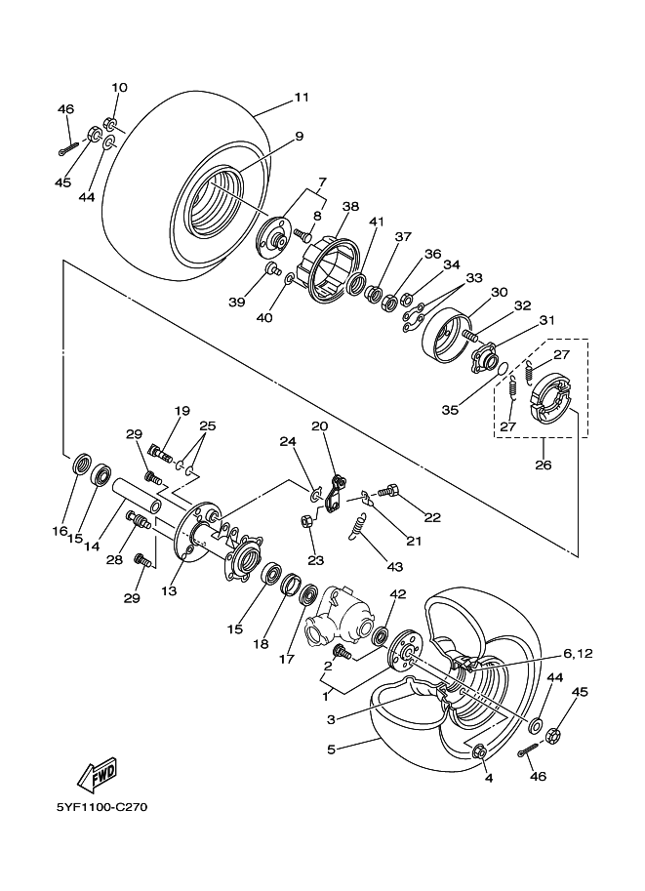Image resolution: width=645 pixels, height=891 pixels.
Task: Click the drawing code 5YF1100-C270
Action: click(x=102, y=807)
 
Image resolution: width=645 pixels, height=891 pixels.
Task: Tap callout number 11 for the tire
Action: click(x=301, y=97)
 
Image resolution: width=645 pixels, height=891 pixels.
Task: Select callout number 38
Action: click(x=350, y=206)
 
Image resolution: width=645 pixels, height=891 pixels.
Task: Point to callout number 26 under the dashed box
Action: click(x=543, y=465)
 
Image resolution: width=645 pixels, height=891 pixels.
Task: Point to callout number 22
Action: click(x=432, y=517)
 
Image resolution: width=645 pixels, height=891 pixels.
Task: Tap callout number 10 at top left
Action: click(x=119, y=88)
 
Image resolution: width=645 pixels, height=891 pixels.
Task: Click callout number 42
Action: click(x=397, y=594)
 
